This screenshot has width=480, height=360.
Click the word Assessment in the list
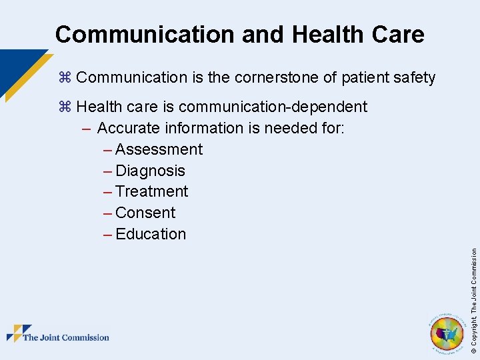159,149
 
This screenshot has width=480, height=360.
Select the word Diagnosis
150,171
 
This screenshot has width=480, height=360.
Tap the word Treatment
151,192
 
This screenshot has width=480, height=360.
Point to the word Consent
145,213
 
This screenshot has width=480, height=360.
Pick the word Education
151,235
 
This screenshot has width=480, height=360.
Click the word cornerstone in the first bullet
275,78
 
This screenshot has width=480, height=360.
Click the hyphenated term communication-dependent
273,107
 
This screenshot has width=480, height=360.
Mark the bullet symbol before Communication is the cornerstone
65,78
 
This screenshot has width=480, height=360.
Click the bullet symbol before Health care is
65,107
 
